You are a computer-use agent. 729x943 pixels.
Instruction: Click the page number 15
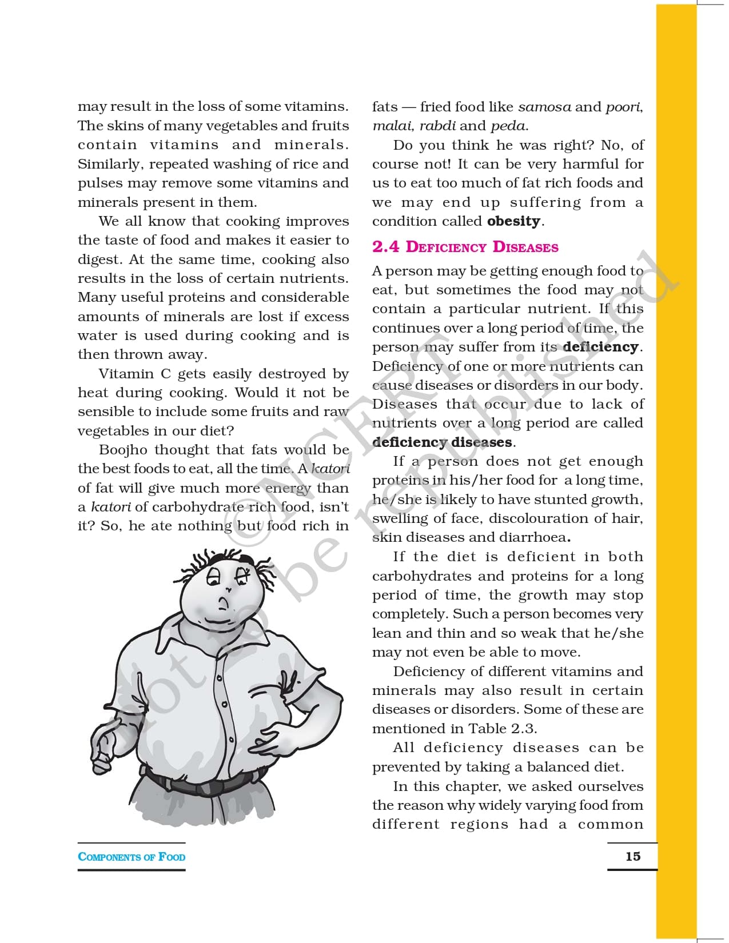pyautogui.click(x=633, y=856)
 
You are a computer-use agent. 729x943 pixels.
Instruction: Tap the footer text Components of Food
pyautogui.click(x=132, y=857)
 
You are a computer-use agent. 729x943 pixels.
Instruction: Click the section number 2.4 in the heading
pyautogui.click(x=385, y=247)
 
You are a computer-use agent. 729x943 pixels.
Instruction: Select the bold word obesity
pyautogui.click(x=513, y=221)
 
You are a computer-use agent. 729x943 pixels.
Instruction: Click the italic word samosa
pyautogui.click(x=544, y=107)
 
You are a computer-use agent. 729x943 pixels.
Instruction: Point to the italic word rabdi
pyautogui.click(x=437, y=126)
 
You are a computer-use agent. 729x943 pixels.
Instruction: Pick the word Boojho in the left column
pyautogui.click(x=123, y=450)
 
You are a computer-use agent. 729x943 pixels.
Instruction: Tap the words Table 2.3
pyautogui.click(x=502, y=729)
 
